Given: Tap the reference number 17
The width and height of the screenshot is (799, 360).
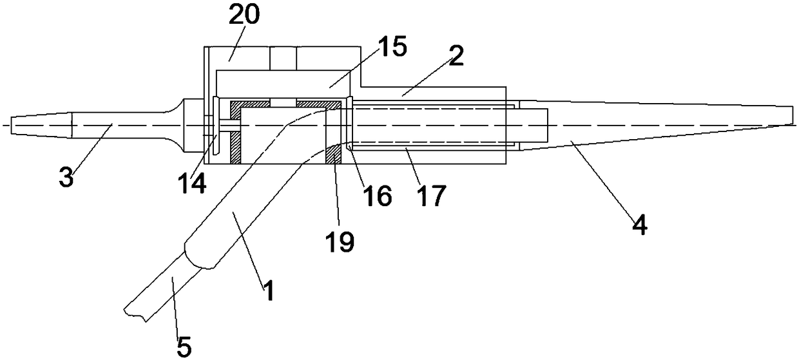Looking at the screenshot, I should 431,195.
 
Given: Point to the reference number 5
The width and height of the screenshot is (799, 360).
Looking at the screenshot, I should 184,347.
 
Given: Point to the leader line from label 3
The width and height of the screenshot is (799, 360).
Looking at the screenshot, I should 90,148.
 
